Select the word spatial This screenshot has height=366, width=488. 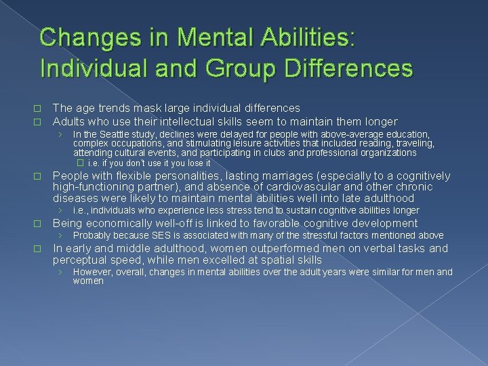[x=278, y=260]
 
